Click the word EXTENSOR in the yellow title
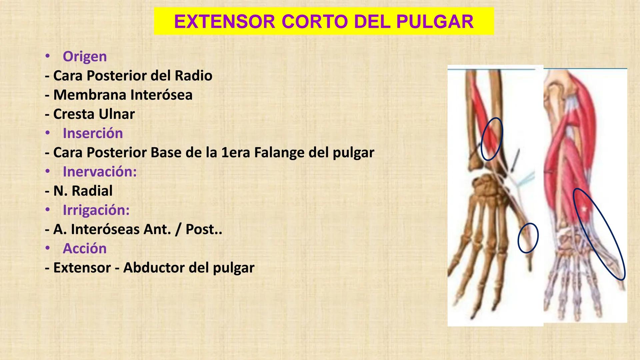[x=224, y=22]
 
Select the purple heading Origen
[x=85, y=56]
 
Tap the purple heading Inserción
[x=93, y=133]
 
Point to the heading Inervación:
[x=100, y=172]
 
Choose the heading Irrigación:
[x=96, y=210]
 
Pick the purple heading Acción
[x=85, y=249]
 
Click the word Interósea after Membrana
[x=161, y=95]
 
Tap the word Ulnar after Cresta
[x=114, y=114]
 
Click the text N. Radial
[x=79, y=191]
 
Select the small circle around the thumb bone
[x=528, y=238]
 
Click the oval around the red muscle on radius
[x=492, y=139]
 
